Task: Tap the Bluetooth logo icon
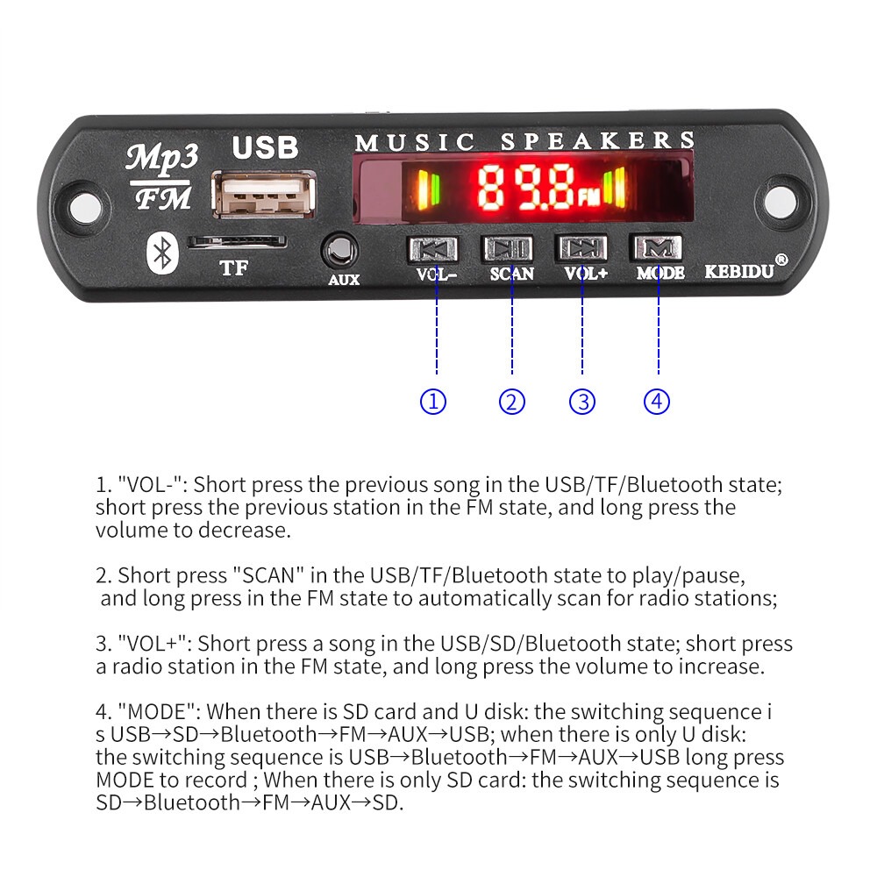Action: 160,253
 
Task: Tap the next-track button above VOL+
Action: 581,248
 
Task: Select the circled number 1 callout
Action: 433,402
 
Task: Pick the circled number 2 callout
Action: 512,402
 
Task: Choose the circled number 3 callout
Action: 582,402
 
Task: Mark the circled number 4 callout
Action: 657,402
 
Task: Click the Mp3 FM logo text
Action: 161,176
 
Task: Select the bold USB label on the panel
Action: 264,146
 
